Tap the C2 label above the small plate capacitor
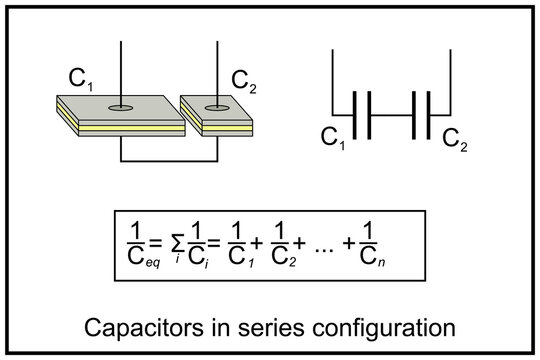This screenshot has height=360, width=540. pyautogui.click(x=245, y=79)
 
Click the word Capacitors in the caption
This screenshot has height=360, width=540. pyautogui.click(x=135, y=328)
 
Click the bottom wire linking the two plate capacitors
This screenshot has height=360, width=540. pyautogui.click(x=168, y=159)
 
